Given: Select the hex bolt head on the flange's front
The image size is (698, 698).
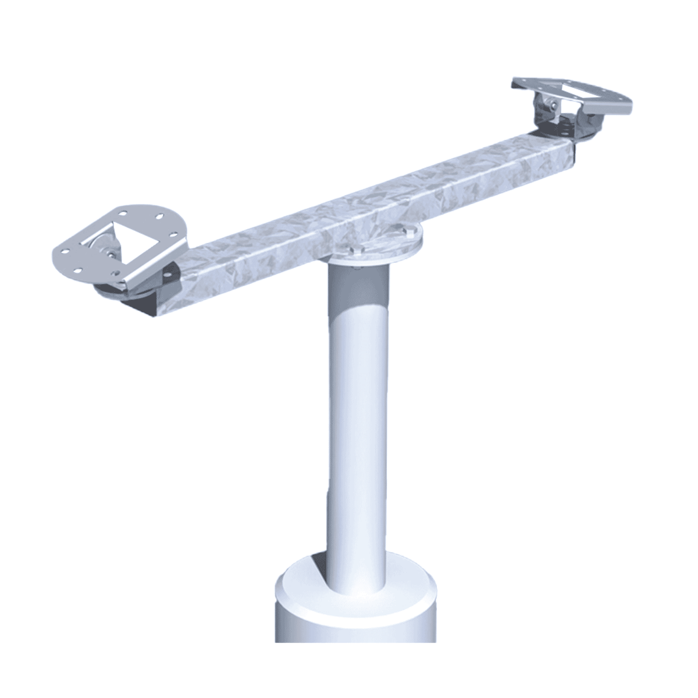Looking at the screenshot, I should pos(356,250).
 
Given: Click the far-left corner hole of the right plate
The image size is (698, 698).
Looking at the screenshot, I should pos(519,83).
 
